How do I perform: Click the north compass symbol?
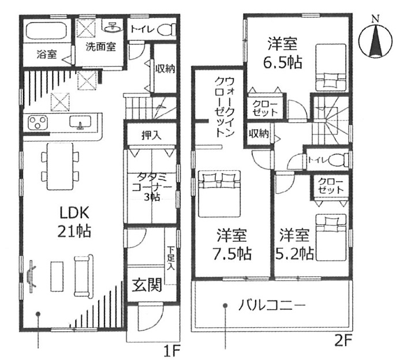coord(376,39)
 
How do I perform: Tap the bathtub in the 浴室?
coord(46,31)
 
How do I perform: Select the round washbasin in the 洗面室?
coord(113,27)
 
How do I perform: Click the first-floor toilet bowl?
coord(166,29)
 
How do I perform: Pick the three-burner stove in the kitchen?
coord(38,122)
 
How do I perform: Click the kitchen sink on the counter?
coord(80,122)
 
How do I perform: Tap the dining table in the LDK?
coord(60,166)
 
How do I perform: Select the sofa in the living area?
coord(84,276)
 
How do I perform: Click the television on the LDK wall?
coord(31,276)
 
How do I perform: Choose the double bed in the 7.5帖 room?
coord(219,194)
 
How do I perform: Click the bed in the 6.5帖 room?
coord(331,67)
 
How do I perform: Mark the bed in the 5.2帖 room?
coord(331,237)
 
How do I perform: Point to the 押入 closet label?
coord(151,136)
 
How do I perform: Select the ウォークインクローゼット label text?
coord(224,107)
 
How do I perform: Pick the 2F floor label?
coord(343,342)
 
